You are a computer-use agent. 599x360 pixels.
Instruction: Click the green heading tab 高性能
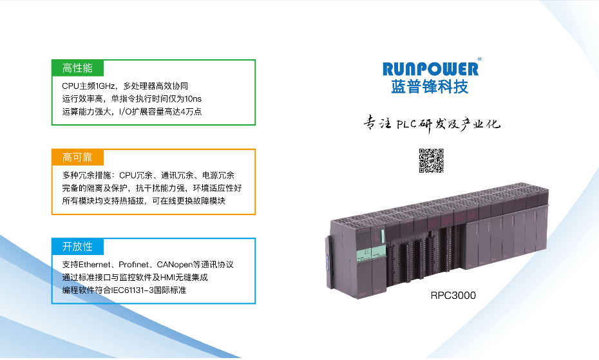coord(77,68)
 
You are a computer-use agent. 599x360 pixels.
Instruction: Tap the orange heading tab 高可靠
coord(77,157)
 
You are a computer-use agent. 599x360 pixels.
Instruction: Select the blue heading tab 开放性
coord(77,247)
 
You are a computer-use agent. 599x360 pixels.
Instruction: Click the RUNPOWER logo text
coord(430,69)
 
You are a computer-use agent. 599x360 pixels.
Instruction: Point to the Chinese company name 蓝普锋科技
coord(430,87)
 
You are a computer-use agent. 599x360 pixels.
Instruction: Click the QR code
coord(432,160)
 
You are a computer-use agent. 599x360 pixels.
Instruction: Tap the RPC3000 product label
coord(453,296)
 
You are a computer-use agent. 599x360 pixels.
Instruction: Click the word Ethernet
coord(95,265)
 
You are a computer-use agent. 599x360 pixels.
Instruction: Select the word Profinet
coord(133,265)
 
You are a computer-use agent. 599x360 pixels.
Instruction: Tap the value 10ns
coord(193,99)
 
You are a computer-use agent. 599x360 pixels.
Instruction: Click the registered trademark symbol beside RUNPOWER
coord(480,59)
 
